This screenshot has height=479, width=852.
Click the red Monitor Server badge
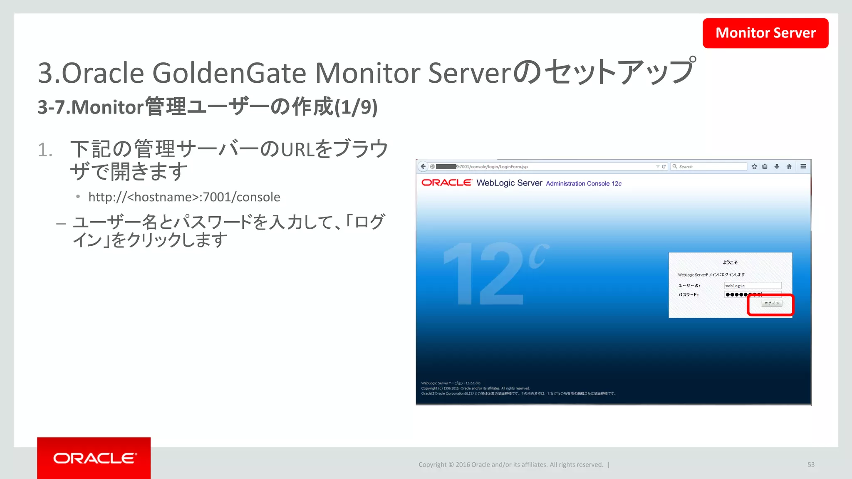765,33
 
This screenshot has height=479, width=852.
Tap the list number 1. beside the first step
45,150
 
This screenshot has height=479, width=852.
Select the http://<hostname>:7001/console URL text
184,197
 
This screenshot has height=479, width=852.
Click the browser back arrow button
423,166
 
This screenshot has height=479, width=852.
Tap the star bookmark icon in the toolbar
754,166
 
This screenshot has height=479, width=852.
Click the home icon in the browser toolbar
789,166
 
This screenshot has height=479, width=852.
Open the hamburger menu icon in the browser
803,166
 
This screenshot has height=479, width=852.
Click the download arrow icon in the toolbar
777,166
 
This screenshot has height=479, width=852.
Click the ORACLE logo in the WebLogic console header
446,183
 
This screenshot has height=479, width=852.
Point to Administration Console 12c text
584,184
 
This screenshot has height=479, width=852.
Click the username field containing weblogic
752,286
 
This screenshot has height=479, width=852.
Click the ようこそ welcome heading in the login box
730,262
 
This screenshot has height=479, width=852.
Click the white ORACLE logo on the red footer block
94,458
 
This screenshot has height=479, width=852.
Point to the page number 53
811,465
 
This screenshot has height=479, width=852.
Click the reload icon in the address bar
664,166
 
